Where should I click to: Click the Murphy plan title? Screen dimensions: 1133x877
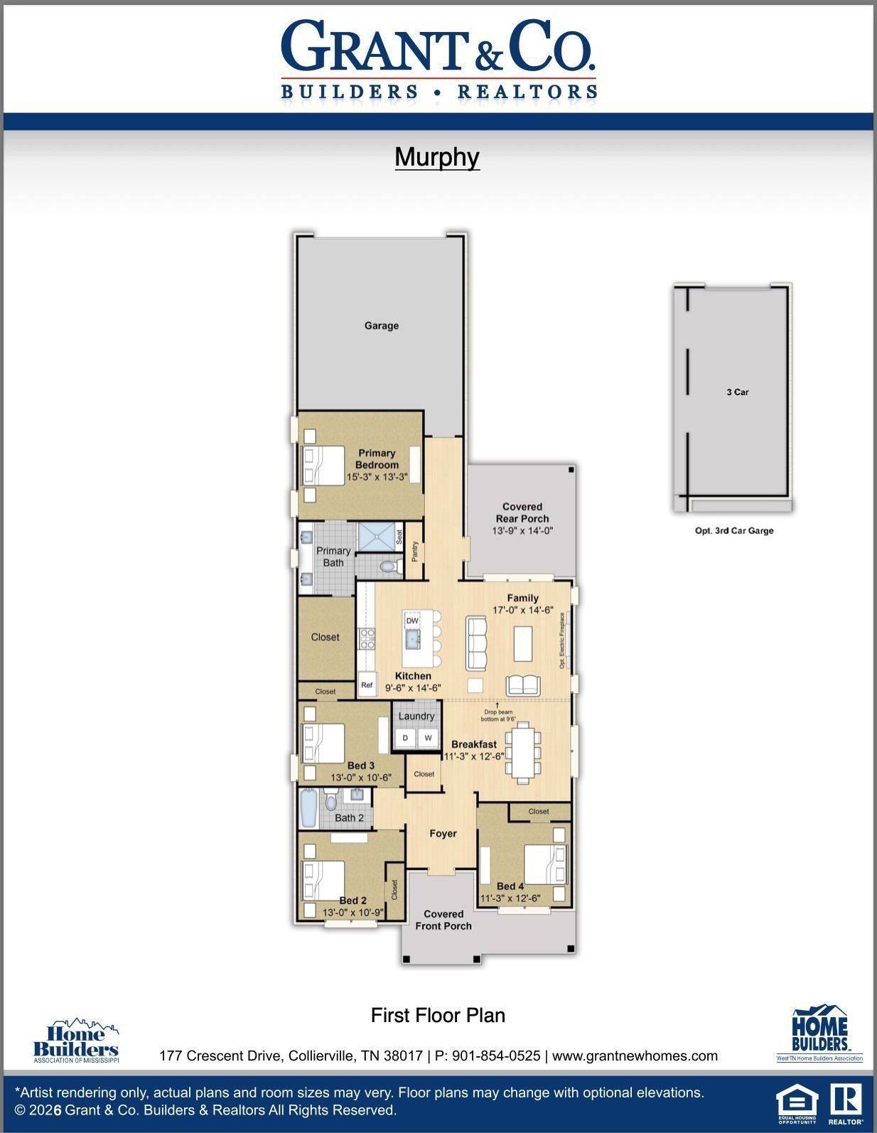point(437,157)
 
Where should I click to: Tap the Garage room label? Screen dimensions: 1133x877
point(382,326)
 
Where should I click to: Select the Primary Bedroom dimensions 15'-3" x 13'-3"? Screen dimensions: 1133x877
point(377,478)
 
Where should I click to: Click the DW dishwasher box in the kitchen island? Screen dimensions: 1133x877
point(412,621)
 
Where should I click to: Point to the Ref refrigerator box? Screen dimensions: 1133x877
point(367,686)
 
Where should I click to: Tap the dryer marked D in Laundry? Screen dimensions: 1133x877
point(405,739)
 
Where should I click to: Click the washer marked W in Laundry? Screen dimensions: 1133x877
point(428,739)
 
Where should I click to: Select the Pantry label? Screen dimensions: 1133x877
point(415,549)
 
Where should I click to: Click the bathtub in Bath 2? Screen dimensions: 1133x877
point(308,809)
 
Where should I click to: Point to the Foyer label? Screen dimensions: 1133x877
point(443,834)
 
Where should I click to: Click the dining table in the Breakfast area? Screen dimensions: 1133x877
point(524,751)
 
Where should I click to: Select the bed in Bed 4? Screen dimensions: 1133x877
point(547,864)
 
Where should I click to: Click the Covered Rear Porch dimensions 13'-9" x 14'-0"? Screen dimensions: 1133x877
point(522,531)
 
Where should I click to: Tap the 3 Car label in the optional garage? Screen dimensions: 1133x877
point(737,392)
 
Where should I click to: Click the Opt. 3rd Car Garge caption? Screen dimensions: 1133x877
point(734,530)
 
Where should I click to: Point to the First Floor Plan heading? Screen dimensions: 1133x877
point(438,1015)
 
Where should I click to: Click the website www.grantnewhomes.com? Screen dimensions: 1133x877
point(635,1056)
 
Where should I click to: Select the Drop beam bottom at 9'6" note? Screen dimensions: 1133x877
point(497,715)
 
